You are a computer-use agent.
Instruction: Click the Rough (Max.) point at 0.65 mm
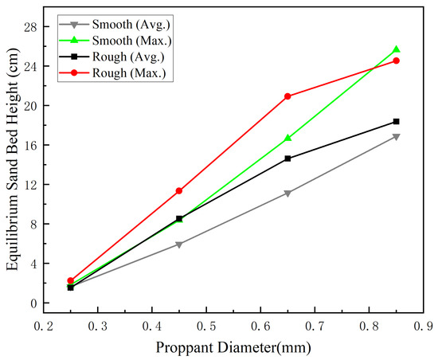tap(287, 96)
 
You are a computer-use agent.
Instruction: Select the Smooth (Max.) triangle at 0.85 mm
tap(396, 49)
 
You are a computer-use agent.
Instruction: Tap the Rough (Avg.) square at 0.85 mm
tap(396, 122)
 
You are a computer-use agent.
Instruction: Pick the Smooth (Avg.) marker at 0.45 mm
tap(179, 245)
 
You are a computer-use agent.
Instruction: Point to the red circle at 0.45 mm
tap(179, 191)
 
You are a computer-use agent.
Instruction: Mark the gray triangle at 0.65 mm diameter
tap(287, 194)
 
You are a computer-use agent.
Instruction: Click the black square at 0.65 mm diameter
tap(287, 158)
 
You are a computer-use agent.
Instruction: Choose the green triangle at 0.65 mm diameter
tap(287, 138)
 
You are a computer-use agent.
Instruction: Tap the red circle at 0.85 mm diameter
tap(396, 61)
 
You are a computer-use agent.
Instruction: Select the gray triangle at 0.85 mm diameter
tap(396, 137)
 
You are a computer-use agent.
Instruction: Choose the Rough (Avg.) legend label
tap(128, 57)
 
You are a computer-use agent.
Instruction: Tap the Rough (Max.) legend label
tap(129, 73)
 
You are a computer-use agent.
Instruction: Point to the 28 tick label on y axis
tap(30, 27)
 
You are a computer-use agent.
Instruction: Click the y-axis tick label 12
tap(30, 185)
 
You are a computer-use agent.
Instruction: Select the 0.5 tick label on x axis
tap(206, 327)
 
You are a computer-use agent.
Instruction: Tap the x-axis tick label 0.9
tap(424, 327)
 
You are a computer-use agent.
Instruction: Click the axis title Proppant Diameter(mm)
tap(233, 348)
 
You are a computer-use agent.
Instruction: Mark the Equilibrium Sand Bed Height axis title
tap(13, 159)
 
